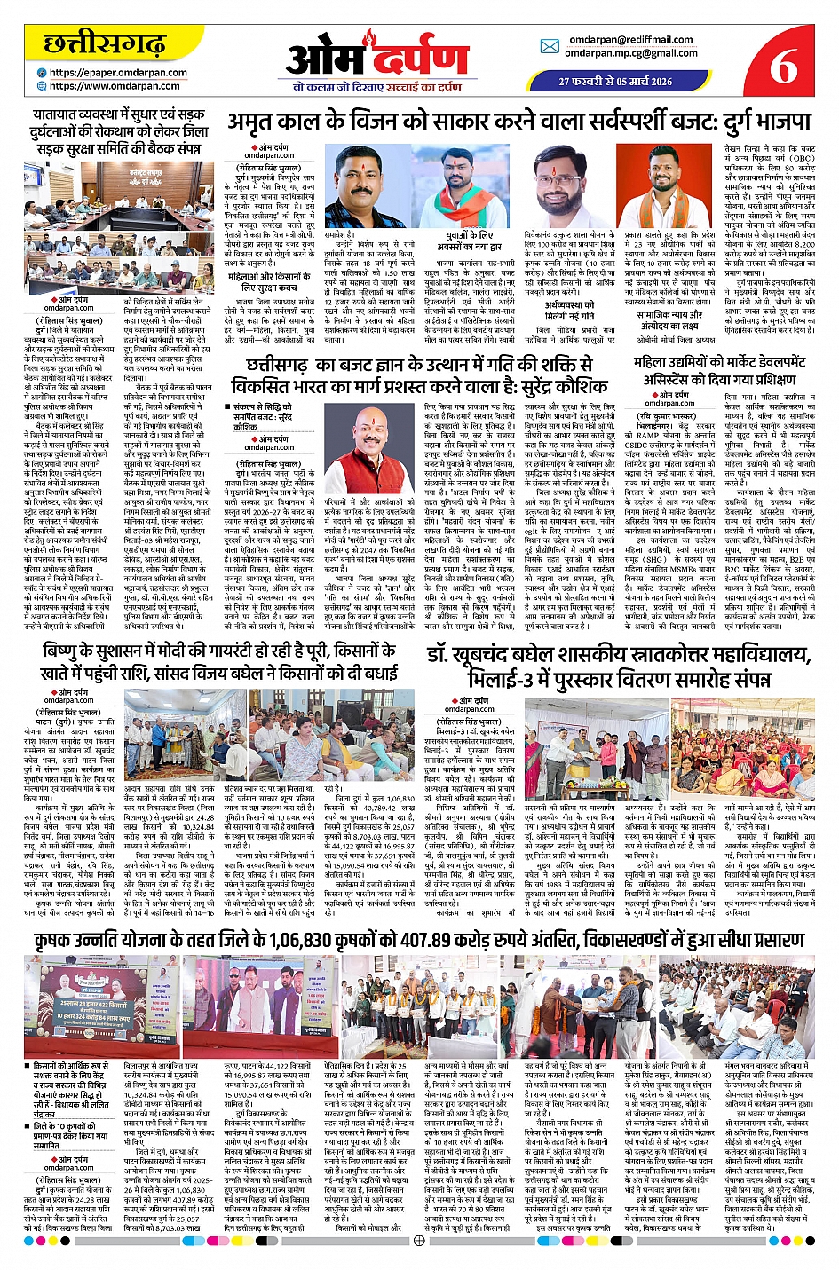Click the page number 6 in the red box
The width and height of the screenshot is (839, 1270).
coord(783,64)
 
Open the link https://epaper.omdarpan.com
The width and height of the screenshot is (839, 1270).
coord(118,73)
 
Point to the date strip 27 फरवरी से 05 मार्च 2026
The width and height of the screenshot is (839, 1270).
coord(615,81)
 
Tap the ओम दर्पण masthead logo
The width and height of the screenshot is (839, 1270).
coord(377,59)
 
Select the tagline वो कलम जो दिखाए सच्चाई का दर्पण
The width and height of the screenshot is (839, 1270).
coord(377,87)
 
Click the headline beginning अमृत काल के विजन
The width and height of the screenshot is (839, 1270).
coord(518,121)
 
